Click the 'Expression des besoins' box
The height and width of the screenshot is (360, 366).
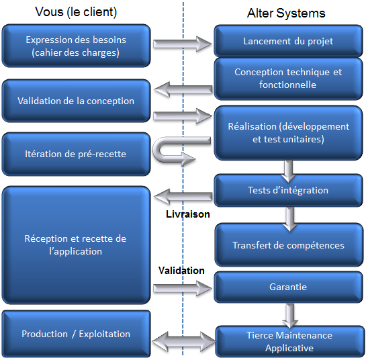(x=76, y=46)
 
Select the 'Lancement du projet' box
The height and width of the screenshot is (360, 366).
(x=288, y=41)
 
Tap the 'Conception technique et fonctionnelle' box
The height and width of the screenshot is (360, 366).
(x=288, y=79)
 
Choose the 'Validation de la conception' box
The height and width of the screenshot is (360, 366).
(x=76, y=101)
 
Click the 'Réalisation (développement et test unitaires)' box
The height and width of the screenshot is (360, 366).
(x=288, y=133)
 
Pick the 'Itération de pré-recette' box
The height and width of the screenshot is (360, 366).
(x=76, y=154)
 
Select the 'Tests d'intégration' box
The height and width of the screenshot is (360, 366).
(x=288, y=190)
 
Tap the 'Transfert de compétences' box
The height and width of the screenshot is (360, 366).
(x=288, y=245)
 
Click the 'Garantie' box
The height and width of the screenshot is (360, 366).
(x=288, y=287)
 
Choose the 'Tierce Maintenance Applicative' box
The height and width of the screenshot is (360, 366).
(x=288, y=341)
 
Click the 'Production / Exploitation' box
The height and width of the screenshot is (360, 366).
(x=76, y=334)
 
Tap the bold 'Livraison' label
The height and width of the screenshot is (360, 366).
(x=187, y=214)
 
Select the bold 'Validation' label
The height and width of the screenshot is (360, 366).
(x=181, y=270)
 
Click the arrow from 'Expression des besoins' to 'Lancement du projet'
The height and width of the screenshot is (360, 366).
(x=182, y=44)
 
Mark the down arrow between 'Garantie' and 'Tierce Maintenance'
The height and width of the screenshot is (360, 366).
(x=290, y=314)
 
